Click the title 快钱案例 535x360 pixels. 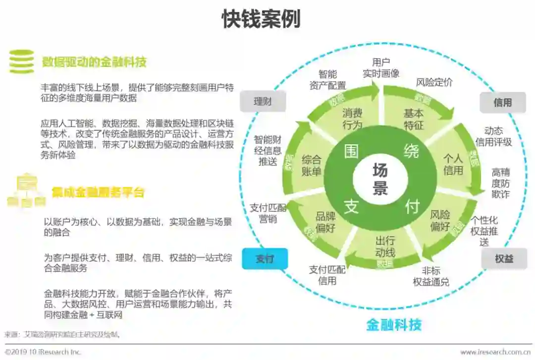261,19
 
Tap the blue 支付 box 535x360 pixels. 265,258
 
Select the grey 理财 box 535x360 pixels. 263,102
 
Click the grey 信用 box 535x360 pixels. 502,103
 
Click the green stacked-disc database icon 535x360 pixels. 21,62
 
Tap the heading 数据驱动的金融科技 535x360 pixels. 94,62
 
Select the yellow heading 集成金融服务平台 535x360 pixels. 98,192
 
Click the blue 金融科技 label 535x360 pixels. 394,325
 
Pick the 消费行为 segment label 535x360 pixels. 352,119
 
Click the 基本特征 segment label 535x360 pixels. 414,119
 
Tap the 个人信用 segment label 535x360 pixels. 453,165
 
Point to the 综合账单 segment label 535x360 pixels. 312,166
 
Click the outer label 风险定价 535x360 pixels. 434,83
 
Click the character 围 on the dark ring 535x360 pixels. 351,151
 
